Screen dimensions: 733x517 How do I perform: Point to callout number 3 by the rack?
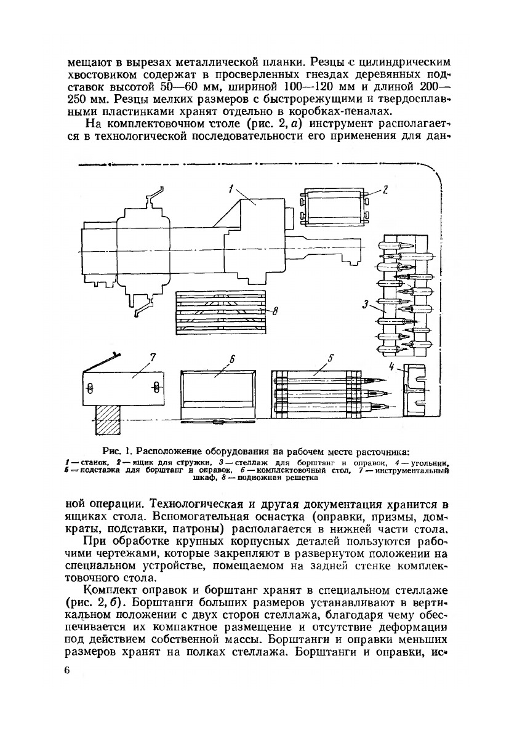[x=365, y=304]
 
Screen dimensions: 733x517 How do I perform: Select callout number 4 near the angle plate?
[x=392, y=367]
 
